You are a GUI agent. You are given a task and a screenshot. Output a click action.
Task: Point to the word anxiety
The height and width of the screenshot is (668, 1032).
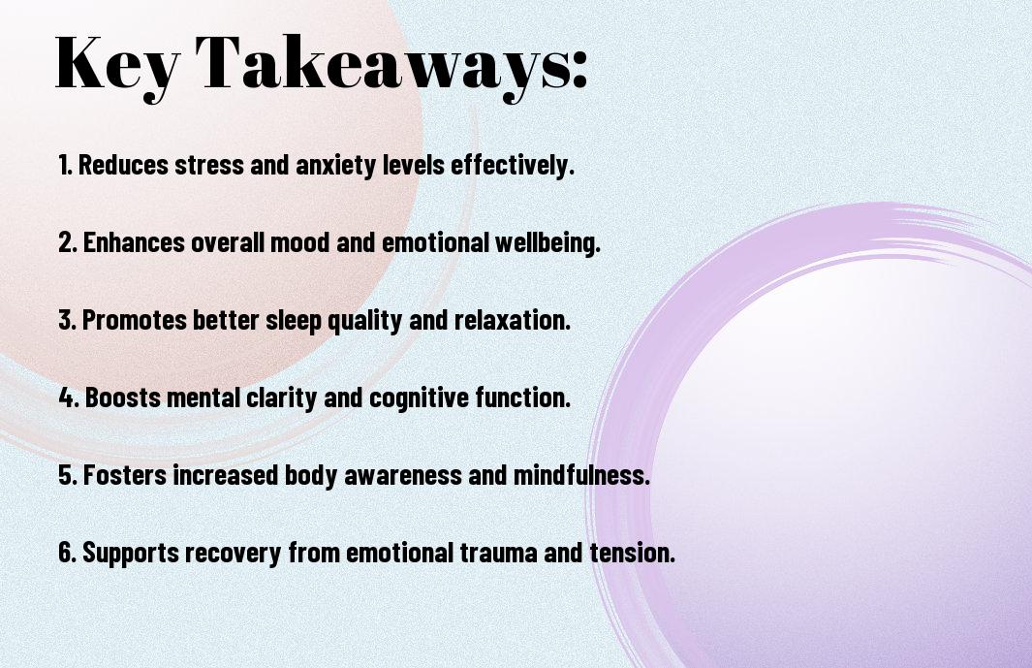[x=335, y=166]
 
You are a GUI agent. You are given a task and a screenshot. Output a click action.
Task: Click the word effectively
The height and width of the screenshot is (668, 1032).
[x=513, y=166]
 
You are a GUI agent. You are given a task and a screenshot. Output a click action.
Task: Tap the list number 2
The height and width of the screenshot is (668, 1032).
[x=68, y=242]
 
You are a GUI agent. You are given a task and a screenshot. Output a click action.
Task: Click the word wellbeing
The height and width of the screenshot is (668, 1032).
[x=547, y=243]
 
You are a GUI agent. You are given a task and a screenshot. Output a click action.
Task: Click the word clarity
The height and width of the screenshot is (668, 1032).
[x=281, y=398]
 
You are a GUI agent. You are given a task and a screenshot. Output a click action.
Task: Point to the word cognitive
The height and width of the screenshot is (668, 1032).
[x=420, y=398]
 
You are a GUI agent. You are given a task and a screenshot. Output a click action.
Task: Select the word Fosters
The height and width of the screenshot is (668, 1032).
[x=125, y=475]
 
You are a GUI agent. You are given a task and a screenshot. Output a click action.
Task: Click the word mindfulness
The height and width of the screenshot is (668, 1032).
[x=581, y=475]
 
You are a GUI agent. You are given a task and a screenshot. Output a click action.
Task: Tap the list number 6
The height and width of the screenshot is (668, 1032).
[x=68, y=553]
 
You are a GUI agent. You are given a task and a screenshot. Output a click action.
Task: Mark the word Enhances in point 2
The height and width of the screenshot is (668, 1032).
[x=135, y=242]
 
